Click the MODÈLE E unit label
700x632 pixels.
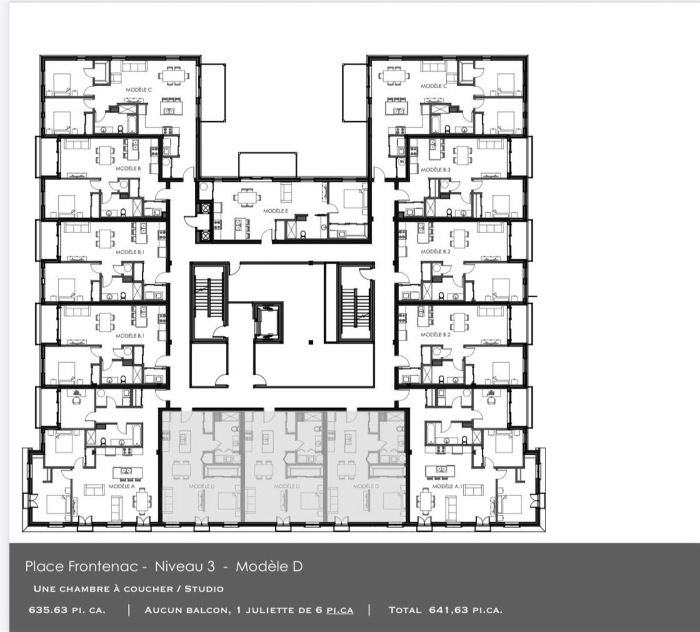tap(275, 211)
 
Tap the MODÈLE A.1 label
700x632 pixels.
tap(446, 486)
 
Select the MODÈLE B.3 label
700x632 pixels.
tap(436, 170)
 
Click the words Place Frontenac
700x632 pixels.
tap(81, 566)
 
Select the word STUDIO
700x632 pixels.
tap(204, 589)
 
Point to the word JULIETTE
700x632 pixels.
tap(272, 610)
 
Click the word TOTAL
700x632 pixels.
tap(404, 610)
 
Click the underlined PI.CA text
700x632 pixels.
tap(339, 610)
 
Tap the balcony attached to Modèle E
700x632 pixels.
tap(267, 164)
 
